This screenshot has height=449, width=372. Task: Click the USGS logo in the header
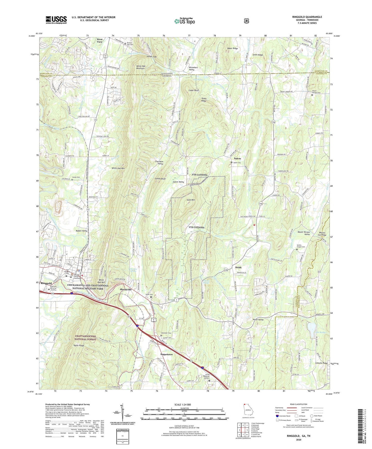point(56,20)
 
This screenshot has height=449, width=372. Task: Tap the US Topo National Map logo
point(184,21)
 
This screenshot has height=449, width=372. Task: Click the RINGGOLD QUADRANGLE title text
point(307,17)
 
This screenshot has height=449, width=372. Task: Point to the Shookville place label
point(126,290)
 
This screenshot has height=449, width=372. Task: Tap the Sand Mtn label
point(191,200)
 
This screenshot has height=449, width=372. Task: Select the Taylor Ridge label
point(78,346)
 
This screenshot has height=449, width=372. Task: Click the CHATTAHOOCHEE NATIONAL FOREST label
point(82,338)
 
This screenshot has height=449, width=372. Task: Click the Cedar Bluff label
point(194,91)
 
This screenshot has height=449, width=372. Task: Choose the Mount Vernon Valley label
point(304,233)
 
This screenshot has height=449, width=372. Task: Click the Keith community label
point(238,267)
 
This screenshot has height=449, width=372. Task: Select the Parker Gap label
point(152,56)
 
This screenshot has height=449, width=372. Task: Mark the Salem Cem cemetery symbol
point(231,163)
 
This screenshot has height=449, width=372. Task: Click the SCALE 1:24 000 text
point(183,405)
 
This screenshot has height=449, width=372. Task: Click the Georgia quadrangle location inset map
point(247,410)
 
